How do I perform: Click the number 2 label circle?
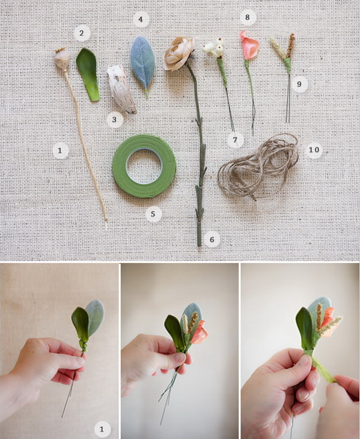coord(82,33)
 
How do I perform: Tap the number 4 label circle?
coord(141,19)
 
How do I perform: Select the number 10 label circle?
coord(314,150)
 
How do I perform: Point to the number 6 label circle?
coord(212,239)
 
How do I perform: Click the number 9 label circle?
coord(299,84)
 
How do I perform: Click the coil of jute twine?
coord(258,167)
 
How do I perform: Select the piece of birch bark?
coord(121,89)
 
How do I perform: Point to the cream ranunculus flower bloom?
coord(178,53)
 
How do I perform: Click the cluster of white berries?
coord(214,48)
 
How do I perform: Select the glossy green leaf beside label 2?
coord(88,74)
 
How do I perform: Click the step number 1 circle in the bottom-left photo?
coord(102,429)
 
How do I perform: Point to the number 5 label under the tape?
coord(153,214)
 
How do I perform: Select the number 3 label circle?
coord(114,120)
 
